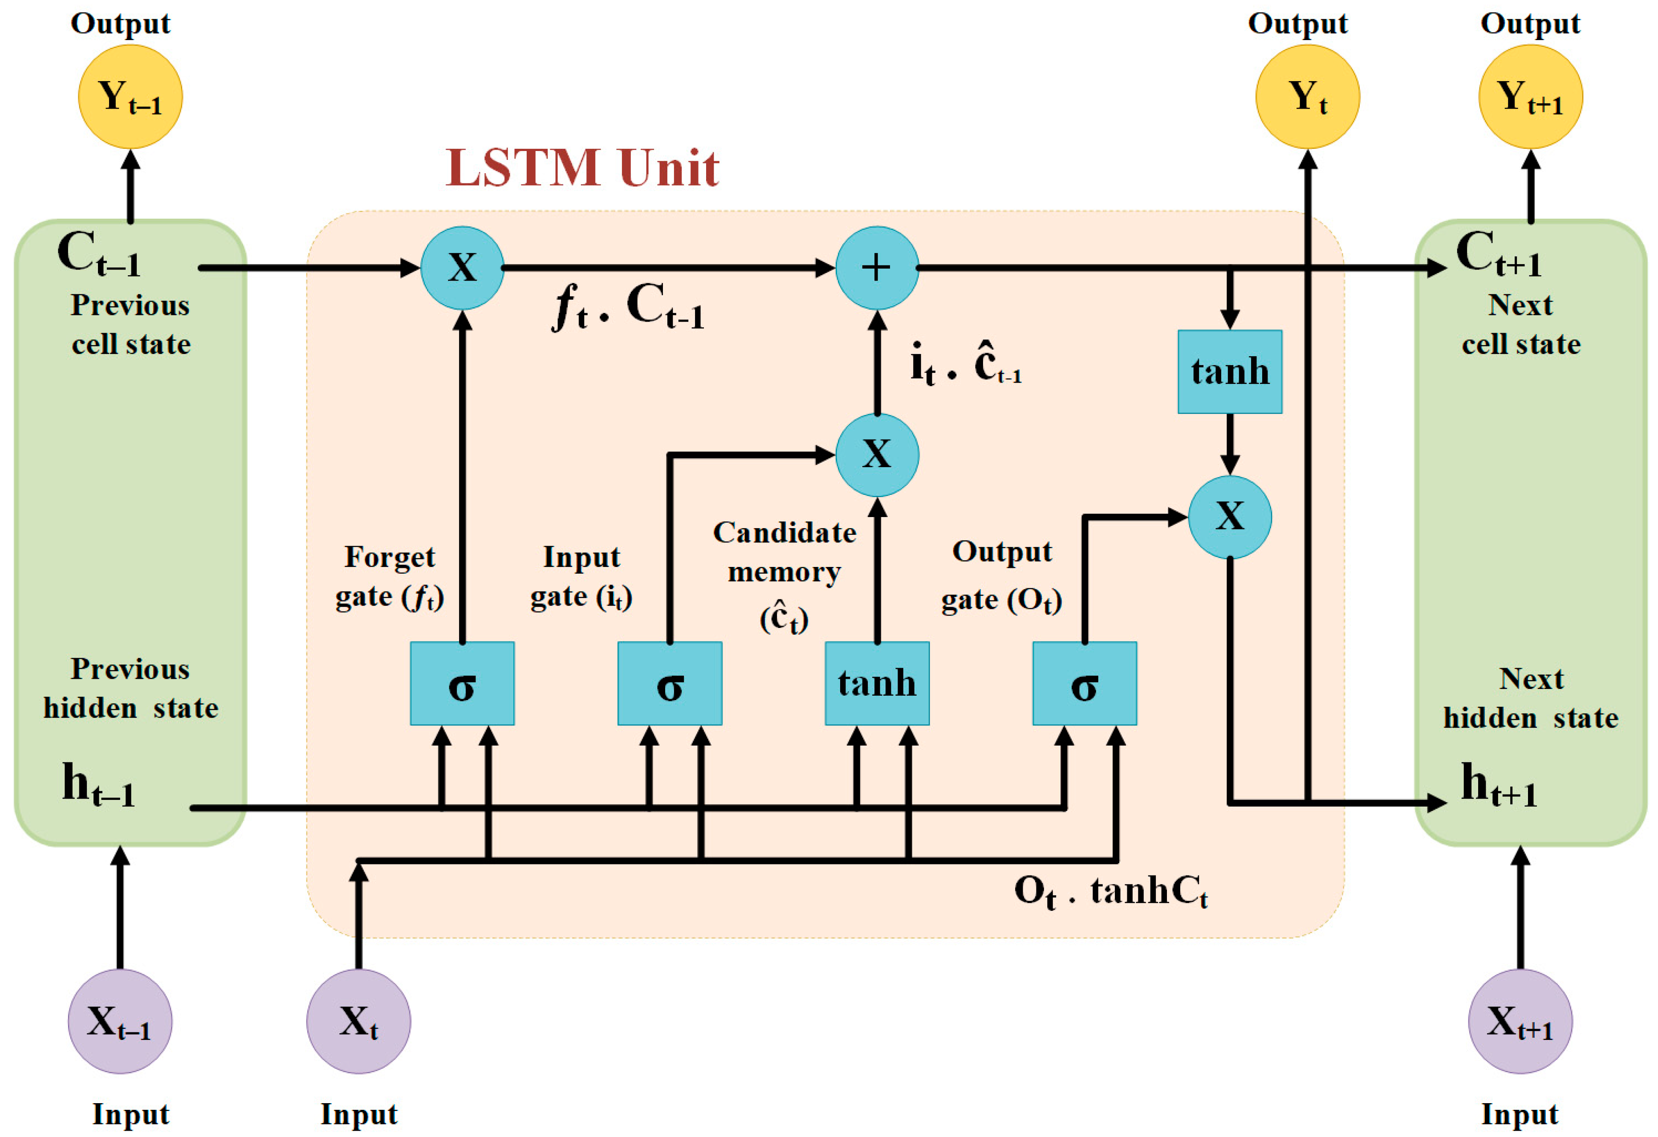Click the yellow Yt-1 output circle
[x=130, y=96]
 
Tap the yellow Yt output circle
[x=1307, y=96]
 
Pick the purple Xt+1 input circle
[x=1520, y=1021]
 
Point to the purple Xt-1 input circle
[x=120, y=1021]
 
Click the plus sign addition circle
[x=877, y=268]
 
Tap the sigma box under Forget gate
[x=462, y=683]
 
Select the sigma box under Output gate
[x=1085, y=683]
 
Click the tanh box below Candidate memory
[x=877, y=683]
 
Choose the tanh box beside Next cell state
[x=1229, y=371]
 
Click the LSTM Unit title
[x=582, y=168]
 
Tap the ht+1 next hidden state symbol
[x=1498, y=785]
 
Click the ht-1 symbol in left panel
[x=98, y=785]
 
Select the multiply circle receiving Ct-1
[x=462, y=268]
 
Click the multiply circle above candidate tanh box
[x=877, y=455]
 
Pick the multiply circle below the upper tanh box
[x=1229, y=517]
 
